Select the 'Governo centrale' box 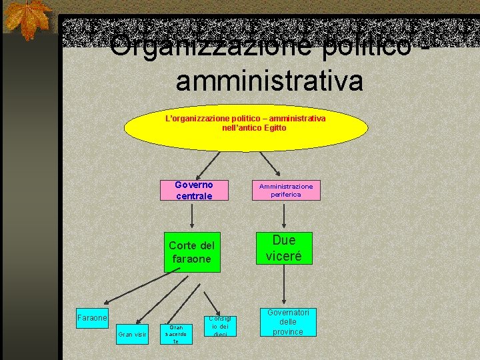pos(194,190)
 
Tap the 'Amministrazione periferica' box pos(286,190)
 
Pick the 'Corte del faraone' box pos(191,252)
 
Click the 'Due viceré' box pos(284,248)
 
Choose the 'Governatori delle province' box pos(288,322)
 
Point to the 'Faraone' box pos(92,318)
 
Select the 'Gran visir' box pos(132,335)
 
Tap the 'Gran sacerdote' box pos(176,335)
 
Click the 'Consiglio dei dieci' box pos(219,325)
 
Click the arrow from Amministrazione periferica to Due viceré pos(285,215)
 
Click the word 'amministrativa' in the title pos(269,81)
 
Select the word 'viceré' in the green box pos(284,255)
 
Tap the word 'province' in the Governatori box pos(288,332)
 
